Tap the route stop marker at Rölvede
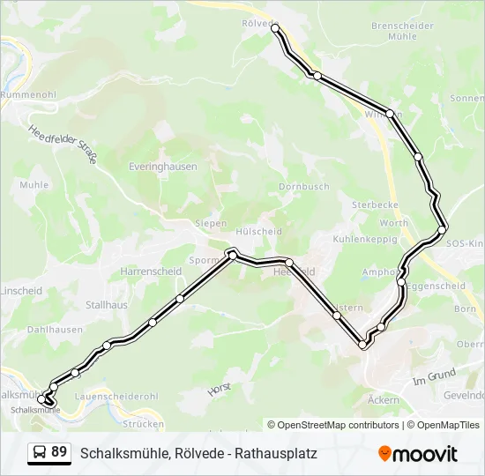[x=275, y=29]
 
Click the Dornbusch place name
[x=303, y=187]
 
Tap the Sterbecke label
[x=375, y=204]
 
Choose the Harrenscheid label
[x=151, y=271]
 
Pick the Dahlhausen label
[x=55, y=330]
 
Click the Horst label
[x=218, y=387]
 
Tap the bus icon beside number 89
[x=40, y=453]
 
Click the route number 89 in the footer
[x=60, y=452]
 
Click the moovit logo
[x=418, y=454]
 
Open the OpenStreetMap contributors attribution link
[x=339, y=425]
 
